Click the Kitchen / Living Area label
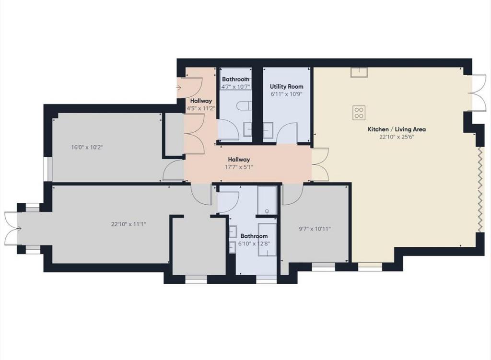397,129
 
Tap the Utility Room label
287,86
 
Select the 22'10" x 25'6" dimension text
397,137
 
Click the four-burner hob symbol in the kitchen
359,113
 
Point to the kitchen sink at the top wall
359,72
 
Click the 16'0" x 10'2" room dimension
87,147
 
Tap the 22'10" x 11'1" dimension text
129,224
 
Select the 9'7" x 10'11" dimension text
315,229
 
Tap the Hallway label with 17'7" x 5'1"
239,159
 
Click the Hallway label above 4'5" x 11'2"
201,101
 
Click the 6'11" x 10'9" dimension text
287,94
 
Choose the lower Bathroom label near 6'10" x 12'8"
254,236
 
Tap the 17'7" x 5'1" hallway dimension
239,167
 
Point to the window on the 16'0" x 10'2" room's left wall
48,169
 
